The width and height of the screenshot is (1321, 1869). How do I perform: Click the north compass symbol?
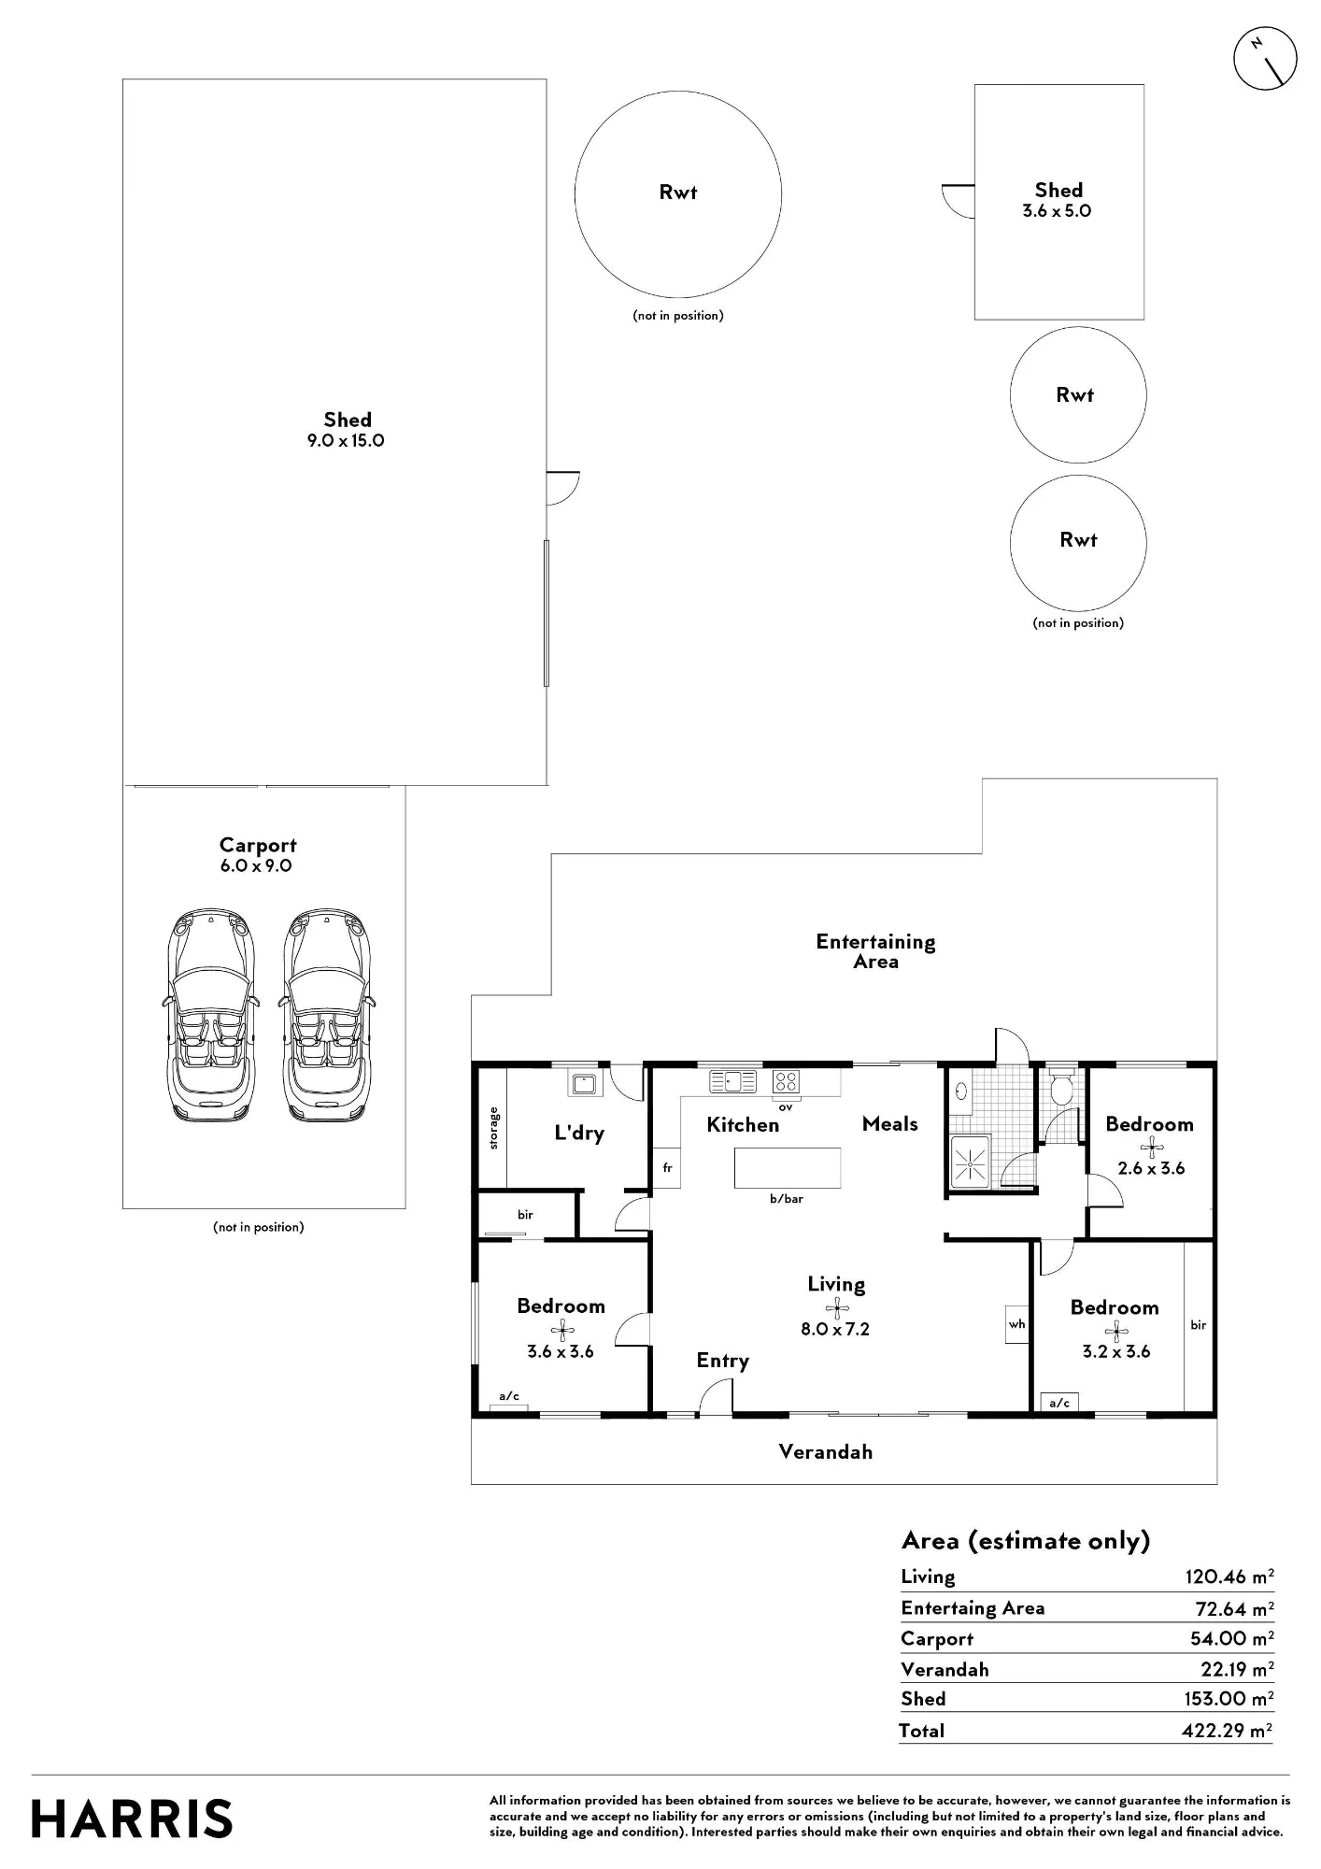click(x=1265, y=58)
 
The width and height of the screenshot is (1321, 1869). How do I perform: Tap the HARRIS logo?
click(x=132, y=1819)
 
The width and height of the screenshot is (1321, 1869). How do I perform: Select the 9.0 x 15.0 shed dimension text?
click(x=346, y=441)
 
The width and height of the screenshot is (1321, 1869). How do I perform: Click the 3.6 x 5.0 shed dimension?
click(x=1057, y=211)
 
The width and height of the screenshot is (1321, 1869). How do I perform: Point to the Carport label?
click(x=258, y=845)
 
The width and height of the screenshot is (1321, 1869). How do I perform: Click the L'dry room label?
click(x=579, y=1133)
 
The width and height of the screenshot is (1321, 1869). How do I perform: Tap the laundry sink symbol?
click(x=585, y=1084)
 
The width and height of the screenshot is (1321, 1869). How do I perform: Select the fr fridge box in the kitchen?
click(x=667, y=1167)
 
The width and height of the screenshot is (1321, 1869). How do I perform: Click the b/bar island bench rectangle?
click(x=788, y=1167)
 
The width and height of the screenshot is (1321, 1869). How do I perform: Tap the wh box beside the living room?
click(x=1017, y=1323)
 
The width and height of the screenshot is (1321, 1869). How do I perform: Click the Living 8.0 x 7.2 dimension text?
click(x=835, y=1329)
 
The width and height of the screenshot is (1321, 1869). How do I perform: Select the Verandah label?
click(x=826, y=1451)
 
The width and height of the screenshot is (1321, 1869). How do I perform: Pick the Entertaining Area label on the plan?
click(x=875, y=951)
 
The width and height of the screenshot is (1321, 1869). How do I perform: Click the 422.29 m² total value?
click(x=1228, y=1730)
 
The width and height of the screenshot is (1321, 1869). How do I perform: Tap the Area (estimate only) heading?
click(x=1026, y=1541)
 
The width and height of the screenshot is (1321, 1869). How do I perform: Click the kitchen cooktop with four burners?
click(x=786, y=1081)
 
